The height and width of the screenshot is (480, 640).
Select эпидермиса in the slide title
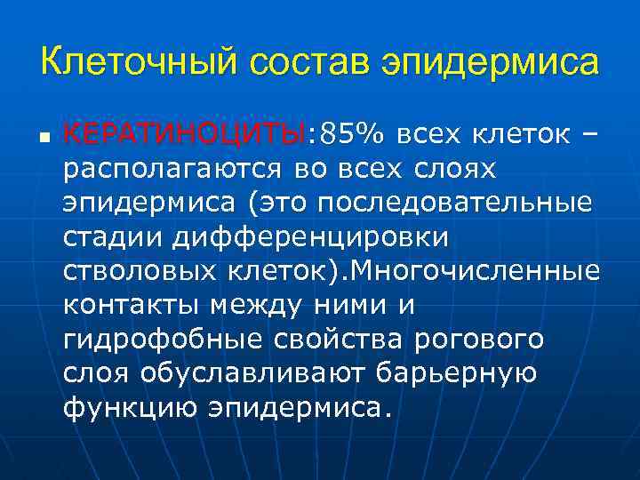(x=490, y=64)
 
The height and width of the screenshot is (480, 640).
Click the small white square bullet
(x=44, y=138)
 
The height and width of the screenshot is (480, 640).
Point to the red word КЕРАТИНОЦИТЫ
(x=184, y=134)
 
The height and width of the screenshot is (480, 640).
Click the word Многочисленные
(x=476, y=270)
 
